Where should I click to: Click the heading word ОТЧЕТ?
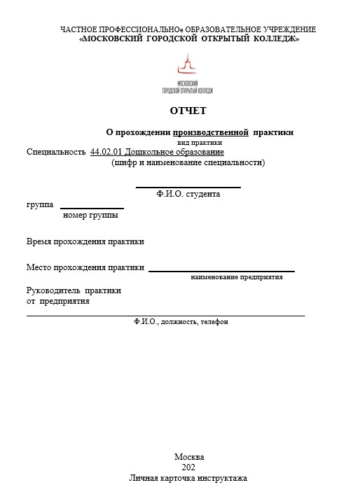pos(188,111)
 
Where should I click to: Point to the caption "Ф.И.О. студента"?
pos(188,194)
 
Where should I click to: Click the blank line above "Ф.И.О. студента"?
pos(188,187)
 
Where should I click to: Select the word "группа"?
pos(40,205)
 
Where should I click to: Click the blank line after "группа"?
pos(92,208)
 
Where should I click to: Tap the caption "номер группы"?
pos(90,216)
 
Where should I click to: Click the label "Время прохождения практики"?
pos(85,241)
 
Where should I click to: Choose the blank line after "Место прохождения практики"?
pos(221,270)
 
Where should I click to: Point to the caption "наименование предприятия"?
pos(237,277)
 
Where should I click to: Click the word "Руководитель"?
pos(53,290)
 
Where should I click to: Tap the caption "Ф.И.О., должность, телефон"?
pos(181,322)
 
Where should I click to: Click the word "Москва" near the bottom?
pos(188,457)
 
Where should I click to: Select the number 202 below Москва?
pos(188,468)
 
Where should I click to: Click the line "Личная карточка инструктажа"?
pos(188,479)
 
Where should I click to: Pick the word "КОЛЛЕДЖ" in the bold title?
pos(276,39)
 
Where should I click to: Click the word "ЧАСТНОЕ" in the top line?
pos(77,29)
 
